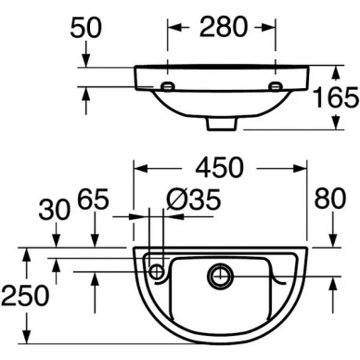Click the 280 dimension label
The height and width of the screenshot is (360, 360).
click(224, 27)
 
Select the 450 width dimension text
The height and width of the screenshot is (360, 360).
click(219, 167)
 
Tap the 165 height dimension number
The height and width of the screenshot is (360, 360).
click(336, 97)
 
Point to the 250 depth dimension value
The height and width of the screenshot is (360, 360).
click(25, 295)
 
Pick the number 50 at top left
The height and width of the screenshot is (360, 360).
click(85, 28)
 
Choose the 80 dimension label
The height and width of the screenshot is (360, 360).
click(330, 199)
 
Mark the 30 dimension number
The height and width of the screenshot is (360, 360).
click(55, 210)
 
